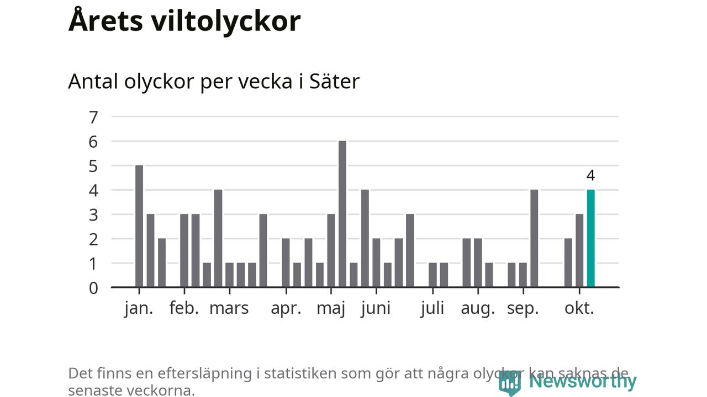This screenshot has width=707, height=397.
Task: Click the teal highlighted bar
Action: point(590,238)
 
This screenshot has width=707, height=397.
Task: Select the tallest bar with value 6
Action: point(342,214)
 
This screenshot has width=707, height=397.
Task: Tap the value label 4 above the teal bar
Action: point(590,176)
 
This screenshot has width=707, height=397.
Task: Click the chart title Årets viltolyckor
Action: point(184,21)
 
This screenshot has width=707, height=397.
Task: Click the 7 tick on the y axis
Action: point(93,117)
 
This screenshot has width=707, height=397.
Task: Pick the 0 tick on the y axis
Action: point(93,288)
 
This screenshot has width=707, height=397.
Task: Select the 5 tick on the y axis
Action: point(93,166)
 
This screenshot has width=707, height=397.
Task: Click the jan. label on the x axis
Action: point(139,308)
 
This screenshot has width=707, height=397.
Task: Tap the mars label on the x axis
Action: point(229,308)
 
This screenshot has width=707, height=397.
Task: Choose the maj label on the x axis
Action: point(331,308)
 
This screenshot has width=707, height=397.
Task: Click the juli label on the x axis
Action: point(432,308)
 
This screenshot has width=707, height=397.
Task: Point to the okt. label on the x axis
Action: point(579,308)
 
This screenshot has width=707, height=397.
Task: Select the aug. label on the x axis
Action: point(478,308)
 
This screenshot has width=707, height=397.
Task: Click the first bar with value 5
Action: point(139,226)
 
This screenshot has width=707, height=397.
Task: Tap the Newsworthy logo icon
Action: point(509,382)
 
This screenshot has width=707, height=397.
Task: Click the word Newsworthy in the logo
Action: point(583,381)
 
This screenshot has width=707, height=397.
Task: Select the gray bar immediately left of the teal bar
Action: point(579,250)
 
